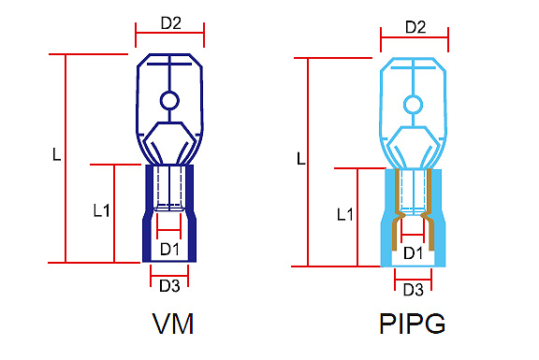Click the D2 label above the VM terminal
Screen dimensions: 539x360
coord(171,23)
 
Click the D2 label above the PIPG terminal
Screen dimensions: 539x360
coord(415,27)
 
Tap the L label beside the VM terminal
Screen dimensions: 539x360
coord(57,154)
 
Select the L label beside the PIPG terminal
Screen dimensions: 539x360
coord(301,158)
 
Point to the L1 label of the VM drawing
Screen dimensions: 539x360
coord(102,209)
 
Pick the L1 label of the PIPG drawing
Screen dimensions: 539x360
coord(345,214)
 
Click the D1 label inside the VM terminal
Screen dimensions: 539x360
coord(169,249)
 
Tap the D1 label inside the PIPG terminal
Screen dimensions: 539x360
coord(414,253)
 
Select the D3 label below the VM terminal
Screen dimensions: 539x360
coord(169,285)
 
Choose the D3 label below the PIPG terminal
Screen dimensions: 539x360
coord(414,290)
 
